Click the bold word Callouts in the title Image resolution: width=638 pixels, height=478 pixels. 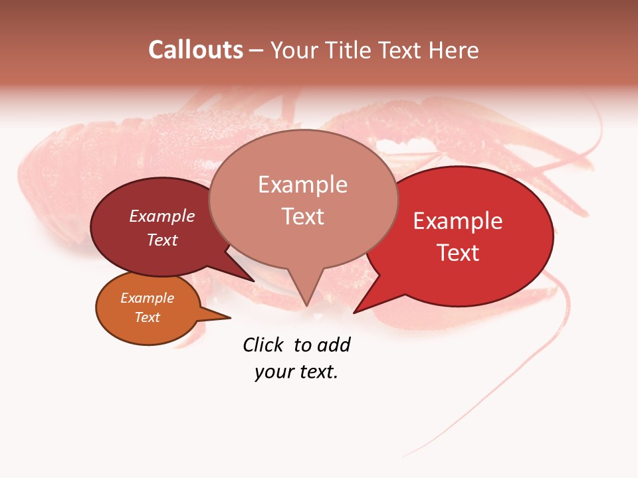pyautogui.click(x=195, y=50)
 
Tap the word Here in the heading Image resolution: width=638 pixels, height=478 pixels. pyautogui.click(x=452, y=50)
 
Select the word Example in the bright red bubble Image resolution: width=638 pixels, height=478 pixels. pyautogui.click(x=458, y=221)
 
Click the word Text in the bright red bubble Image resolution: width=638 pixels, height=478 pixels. pyautogui.click(x=458, y=252)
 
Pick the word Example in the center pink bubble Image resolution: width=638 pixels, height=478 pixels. pyautogui.click(x=302, y=185)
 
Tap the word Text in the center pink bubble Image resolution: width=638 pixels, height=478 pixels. pyautogui.click(x=302, y=216)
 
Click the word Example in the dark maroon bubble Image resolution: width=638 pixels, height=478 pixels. pyautogui.click(x=162, y=216)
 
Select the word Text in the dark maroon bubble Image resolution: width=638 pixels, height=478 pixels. pyautogui.click(x=162, y=240)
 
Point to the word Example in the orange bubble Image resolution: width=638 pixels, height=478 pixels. pyautogui.click(x=148, y=298)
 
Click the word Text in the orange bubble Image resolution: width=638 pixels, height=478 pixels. pyautogui.click(x=148, y=317)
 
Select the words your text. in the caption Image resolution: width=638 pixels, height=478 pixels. pyautogui.click(x=296, y=372)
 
